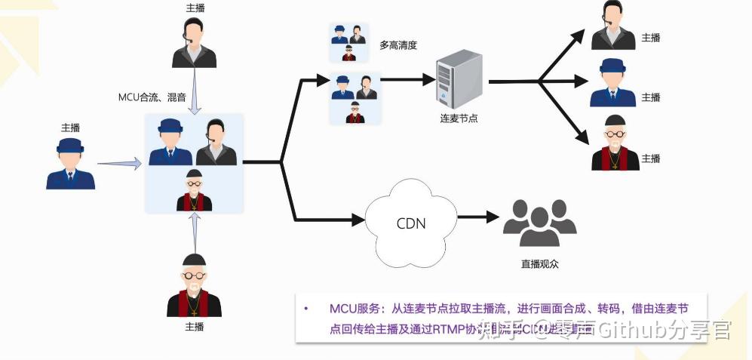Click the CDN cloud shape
tap(410, 223)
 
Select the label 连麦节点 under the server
tap(459, 119)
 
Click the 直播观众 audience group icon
tap(539, 223)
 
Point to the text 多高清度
tap(398, 45)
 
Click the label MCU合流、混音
tap(152, 97)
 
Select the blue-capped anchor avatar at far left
tap(70, 163)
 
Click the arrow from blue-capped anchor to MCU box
tap(119, 162)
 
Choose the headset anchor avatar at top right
tap(613, 25)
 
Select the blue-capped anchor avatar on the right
tap(614, 82)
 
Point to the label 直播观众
tap(539, 264)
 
